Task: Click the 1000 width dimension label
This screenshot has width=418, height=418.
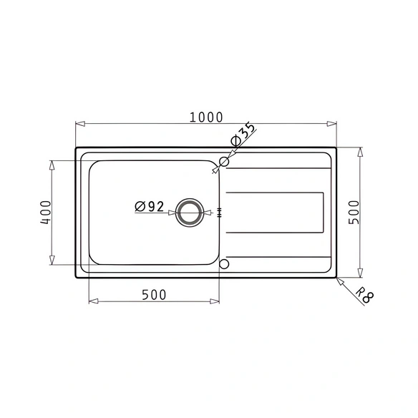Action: tap(206, 117)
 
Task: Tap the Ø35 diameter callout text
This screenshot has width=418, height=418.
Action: tap(243, 134)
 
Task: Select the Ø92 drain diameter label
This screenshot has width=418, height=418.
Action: tap(150, 206)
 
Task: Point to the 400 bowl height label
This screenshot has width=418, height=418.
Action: tap(46, 212)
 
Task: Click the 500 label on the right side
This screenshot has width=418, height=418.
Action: tap(354, 212)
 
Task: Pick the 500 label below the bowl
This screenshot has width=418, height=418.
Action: tap(154, 295)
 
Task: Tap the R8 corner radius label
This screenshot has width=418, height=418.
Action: tap(365, 295)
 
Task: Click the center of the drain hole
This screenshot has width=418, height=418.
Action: tap(190, 213)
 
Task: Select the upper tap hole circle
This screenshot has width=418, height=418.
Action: tap(224, 162)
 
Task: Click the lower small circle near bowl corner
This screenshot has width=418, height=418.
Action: tap(224, 264)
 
